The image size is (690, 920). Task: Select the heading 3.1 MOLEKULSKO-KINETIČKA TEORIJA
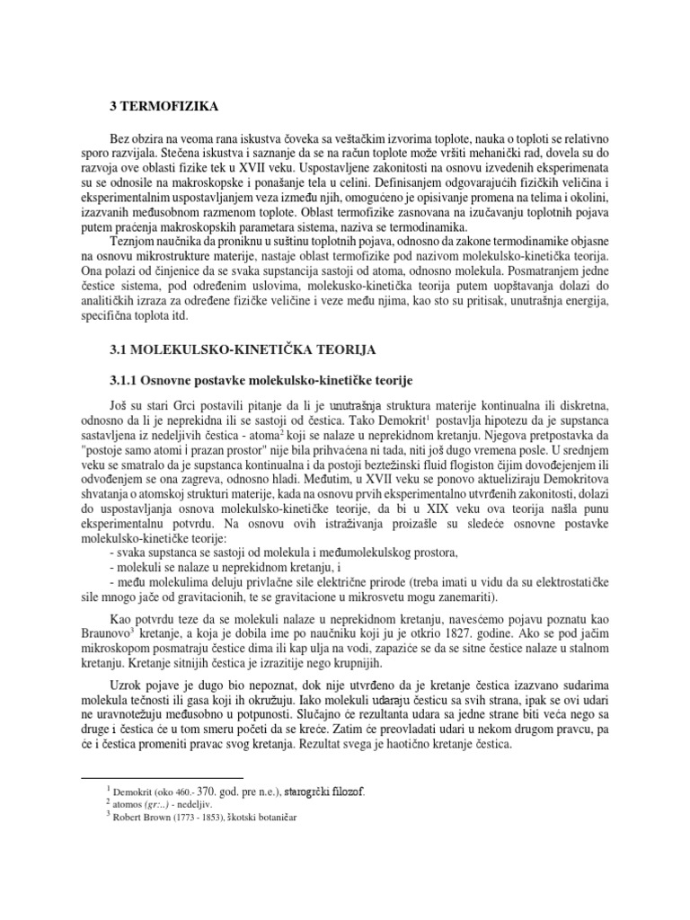(237, 347)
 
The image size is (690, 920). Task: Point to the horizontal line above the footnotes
(163, 777)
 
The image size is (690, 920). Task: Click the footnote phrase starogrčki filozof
(324, 792)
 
